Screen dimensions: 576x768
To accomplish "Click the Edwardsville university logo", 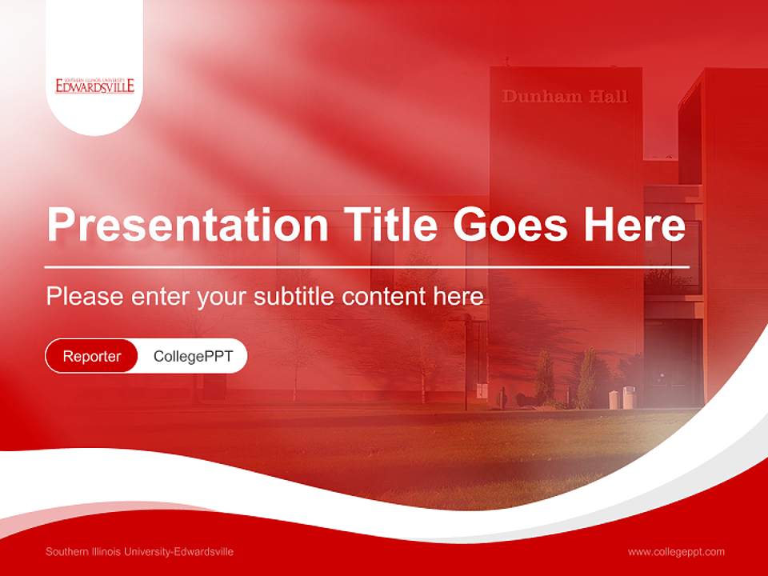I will tap(94, 86).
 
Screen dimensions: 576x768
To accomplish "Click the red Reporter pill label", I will tap(92, 356).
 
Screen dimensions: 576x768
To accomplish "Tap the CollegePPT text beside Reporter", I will tap(193, 356).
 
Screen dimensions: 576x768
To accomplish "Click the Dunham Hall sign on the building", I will tap(565, 97).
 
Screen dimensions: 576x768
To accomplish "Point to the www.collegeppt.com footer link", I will tap(676, 552).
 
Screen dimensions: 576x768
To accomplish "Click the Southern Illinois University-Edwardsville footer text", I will tap(139, 552).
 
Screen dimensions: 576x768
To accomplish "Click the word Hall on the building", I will tap(608, 97).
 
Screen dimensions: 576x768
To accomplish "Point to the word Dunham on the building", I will tap(542, 97).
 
